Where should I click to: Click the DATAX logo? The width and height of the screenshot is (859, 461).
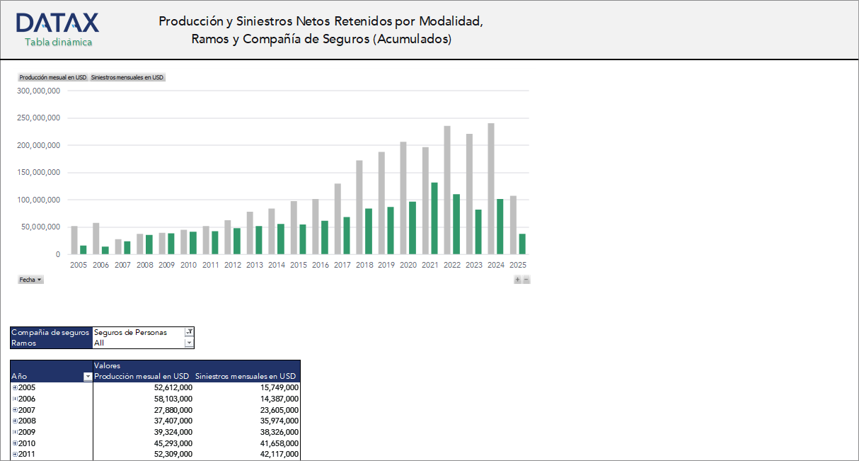(57, 23)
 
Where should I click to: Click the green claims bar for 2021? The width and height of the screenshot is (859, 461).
(434, 218)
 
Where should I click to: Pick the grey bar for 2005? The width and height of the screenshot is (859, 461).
(74, 240)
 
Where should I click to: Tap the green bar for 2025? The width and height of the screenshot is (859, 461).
(522, 244)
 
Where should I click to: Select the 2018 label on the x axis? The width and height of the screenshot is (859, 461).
(364, 265)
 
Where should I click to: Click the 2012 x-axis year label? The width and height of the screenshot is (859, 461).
(233, 265)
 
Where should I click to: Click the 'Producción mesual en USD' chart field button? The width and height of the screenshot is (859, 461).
(53, 77)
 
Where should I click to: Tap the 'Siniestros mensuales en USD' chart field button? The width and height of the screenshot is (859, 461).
(127, 77)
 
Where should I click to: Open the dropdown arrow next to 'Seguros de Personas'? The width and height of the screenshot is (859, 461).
(189, 332)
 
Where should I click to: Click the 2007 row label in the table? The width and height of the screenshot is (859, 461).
(27, 410)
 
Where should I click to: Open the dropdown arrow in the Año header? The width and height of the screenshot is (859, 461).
(88, 377)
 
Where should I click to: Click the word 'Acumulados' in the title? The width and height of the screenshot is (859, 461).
(412, 40)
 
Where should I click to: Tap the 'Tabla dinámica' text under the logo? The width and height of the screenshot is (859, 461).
(58, 42)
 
